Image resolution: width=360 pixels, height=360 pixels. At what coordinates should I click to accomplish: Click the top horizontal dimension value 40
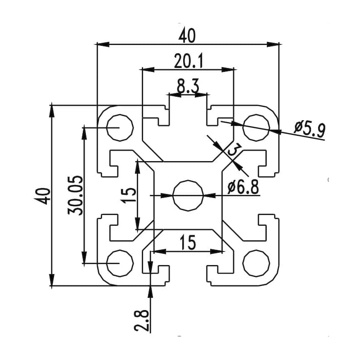click(x=188, y=36)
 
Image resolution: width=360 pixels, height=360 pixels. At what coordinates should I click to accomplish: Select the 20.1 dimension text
click(x=189, y=61)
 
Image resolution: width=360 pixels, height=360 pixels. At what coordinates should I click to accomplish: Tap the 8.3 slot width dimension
click(x=188, y=87)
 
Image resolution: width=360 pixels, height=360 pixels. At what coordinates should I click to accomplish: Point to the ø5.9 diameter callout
click(x=310, y=129)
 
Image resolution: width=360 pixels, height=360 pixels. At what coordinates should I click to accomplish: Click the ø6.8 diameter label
click(x=243, y=187)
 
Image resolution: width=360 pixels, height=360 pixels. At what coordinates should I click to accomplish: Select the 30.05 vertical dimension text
click(x=76, y=195)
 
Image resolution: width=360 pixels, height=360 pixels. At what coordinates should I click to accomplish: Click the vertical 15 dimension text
click(x=129, y=194)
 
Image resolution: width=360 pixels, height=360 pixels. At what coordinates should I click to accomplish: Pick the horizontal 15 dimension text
click(x=188, y=243)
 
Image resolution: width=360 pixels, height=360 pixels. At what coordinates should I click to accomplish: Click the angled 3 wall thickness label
click(x=234, y=150)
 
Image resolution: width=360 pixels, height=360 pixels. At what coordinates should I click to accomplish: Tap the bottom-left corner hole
click(x=120, y=262)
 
